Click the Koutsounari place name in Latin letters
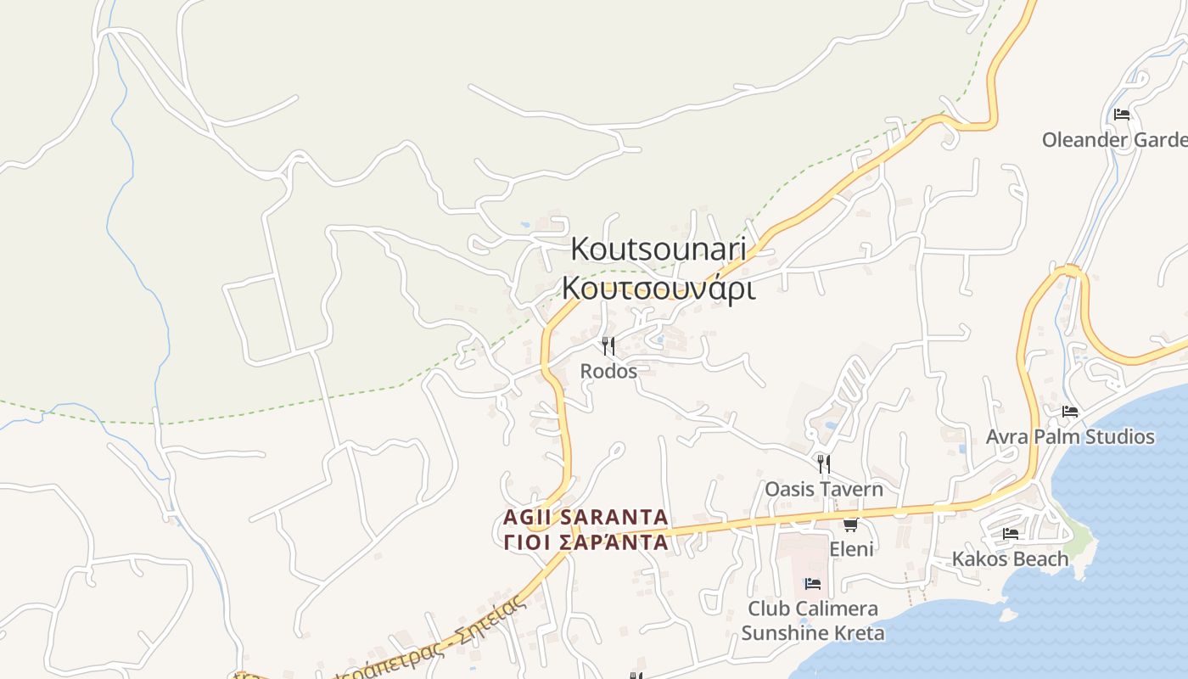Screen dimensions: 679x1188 pos(658,249)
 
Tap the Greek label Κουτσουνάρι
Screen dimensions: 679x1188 pos(658,289)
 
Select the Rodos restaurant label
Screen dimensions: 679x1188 pos(608,371)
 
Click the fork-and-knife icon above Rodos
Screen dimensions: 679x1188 pos(608,346)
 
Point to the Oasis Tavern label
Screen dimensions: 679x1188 pos(824,489)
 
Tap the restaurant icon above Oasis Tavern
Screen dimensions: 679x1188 pos(823,463)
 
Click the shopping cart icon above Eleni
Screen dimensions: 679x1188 pos(850,525)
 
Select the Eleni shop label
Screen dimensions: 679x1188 pos(851,549)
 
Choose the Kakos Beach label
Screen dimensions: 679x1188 pos(1010,558)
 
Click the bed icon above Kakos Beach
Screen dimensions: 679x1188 pos(1010,534)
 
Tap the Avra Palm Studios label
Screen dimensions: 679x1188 pos(1070,436)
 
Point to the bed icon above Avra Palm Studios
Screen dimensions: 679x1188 pos(1070,412)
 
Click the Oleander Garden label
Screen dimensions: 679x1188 pos(1114,139)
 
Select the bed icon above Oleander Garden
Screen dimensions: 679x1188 pos(1122,115)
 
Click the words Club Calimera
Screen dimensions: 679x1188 pos(813,609)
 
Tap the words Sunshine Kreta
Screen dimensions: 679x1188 pos(813,633)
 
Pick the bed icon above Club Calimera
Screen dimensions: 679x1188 pos(812,584)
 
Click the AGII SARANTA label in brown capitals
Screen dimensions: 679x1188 pos(586,517)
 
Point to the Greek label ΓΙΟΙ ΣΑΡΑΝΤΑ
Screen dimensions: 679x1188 pos(586,542)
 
